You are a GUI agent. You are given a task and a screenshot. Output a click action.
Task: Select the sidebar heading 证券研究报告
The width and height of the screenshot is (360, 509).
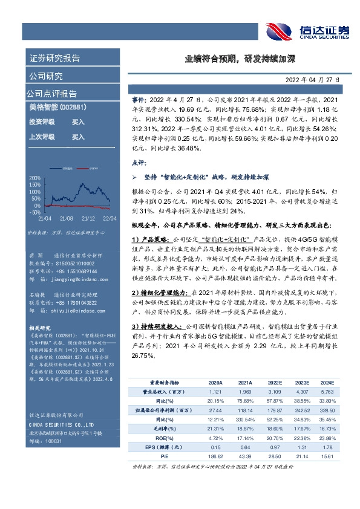[x=54, y=59]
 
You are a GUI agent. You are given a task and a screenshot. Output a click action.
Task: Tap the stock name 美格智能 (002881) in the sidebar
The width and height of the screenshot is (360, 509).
[x=58, y=107]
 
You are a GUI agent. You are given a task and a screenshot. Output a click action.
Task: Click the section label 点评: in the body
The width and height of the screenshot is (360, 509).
[x=139, y=163]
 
